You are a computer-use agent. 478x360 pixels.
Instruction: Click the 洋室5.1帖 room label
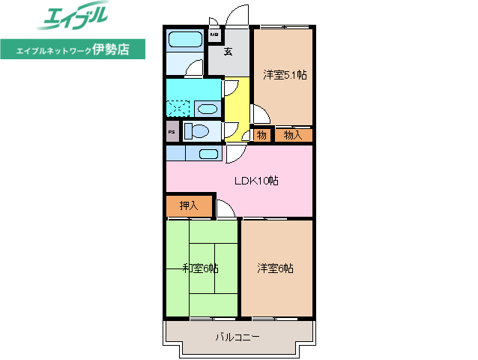pos(285,75)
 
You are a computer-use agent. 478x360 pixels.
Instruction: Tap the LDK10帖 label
pos(257,181)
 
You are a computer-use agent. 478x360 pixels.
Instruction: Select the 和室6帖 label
pos(200,268)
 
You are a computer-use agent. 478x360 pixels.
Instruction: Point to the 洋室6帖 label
pos(275,268)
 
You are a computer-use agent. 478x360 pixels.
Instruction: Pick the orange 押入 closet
pos(188,205)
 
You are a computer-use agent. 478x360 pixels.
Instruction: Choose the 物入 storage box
pos(293,135)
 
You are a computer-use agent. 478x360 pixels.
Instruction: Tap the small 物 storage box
pos(261,135)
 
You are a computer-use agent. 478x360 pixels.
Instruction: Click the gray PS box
pos(172,133)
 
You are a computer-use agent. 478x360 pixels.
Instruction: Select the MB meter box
pos(214,34)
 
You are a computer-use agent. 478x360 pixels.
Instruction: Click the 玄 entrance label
pos(229,52)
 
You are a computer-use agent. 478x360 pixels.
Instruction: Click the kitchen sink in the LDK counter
pos(208,154)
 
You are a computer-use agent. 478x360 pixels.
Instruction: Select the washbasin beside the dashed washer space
pos(208,109)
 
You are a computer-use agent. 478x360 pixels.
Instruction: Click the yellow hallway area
pos(238,109)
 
